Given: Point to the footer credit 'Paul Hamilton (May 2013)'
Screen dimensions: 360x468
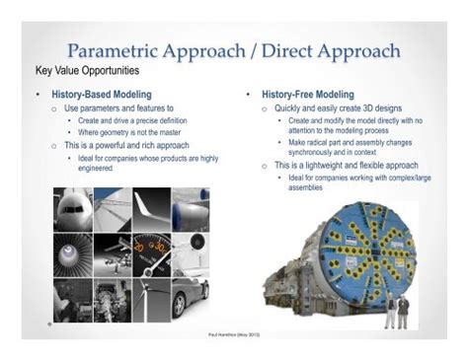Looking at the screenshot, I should (234, 334).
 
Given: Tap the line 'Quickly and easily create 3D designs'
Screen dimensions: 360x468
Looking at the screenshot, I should (338, 108).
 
